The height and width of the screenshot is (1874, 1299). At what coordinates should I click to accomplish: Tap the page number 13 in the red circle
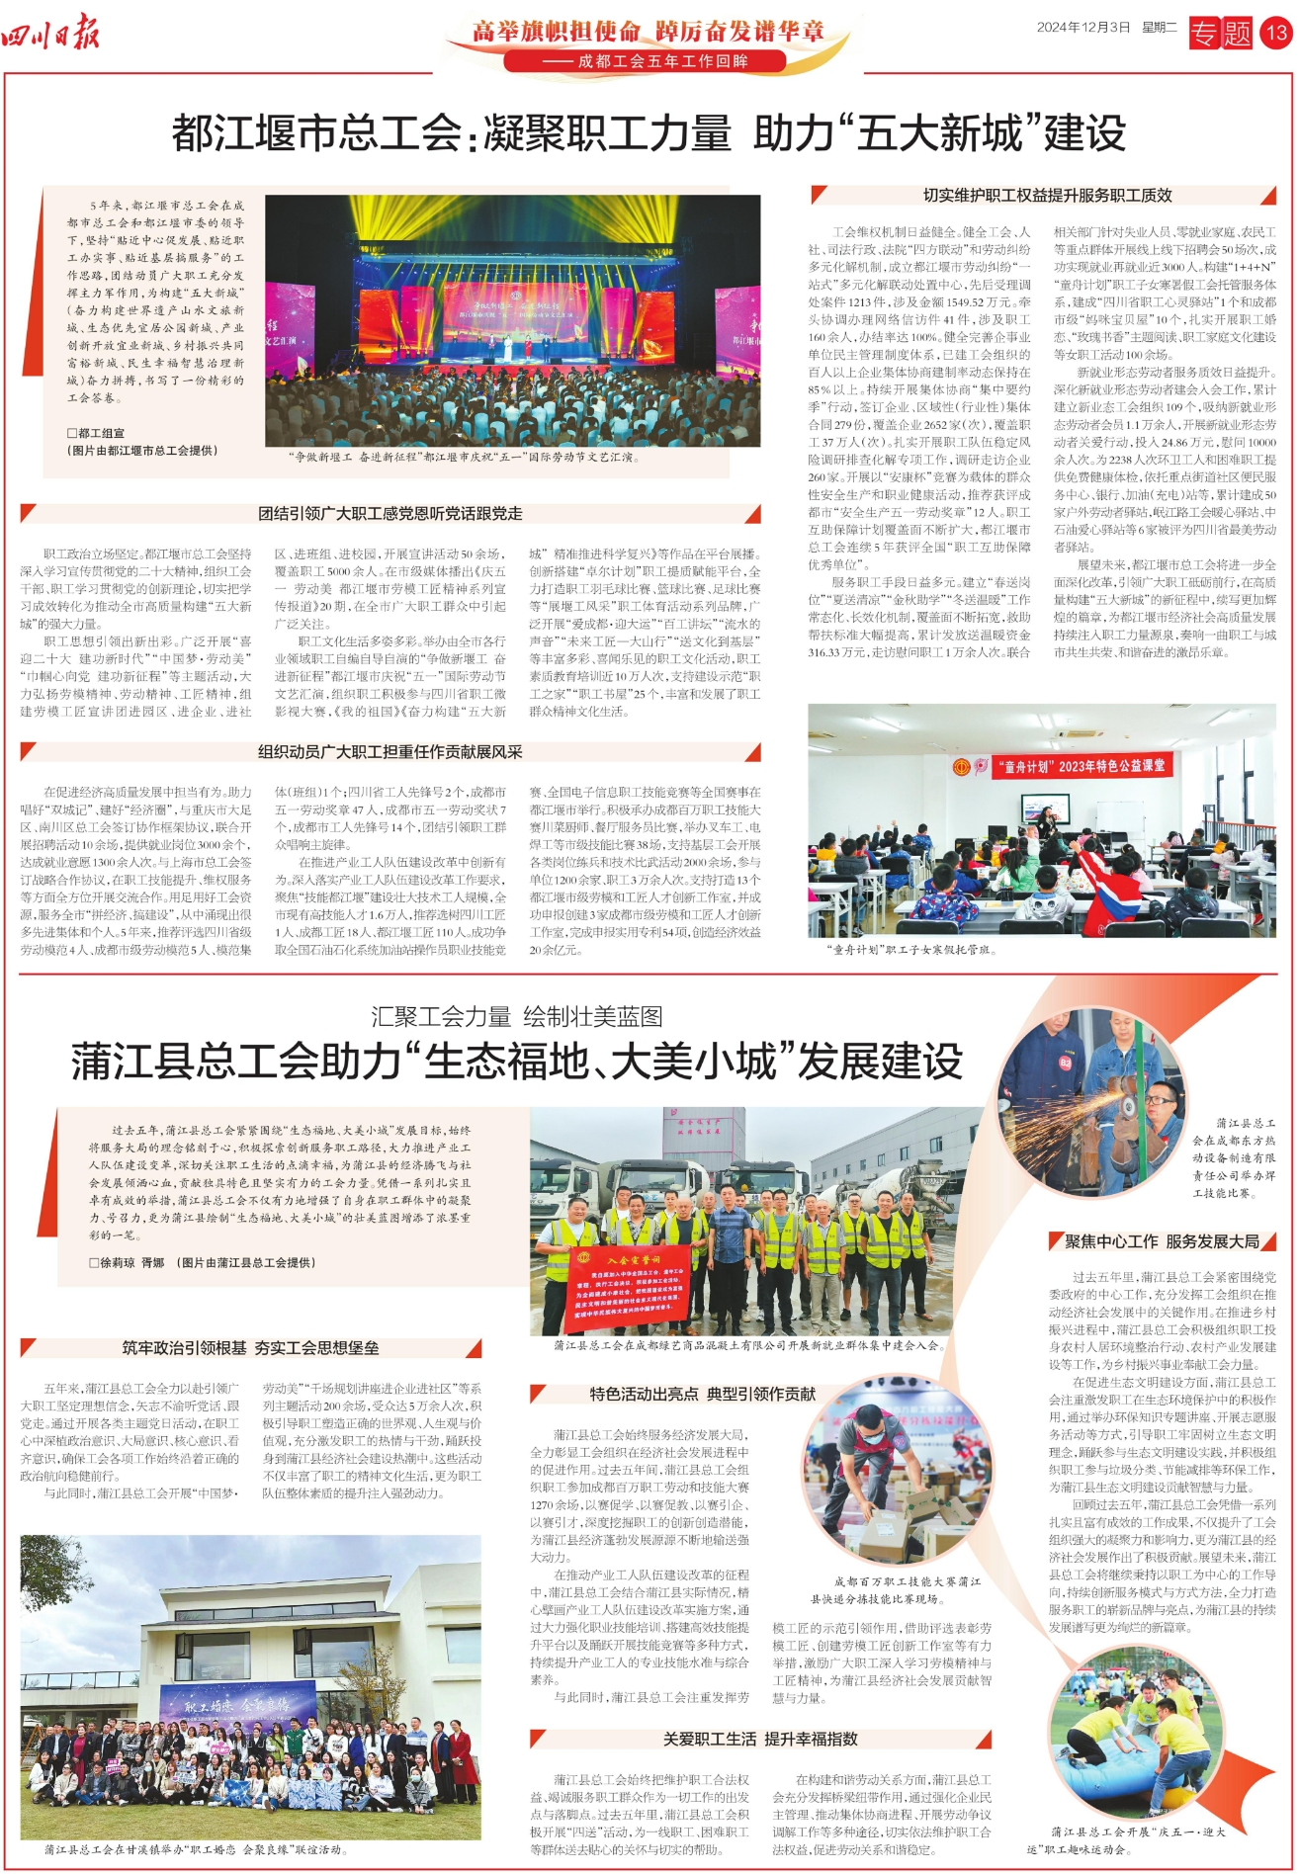coord(1275,33)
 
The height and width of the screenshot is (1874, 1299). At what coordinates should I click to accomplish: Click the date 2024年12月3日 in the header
coord(1082,28)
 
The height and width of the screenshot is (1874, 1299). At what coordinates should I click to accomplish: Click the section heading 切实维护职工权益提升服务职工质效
coord(1047,195)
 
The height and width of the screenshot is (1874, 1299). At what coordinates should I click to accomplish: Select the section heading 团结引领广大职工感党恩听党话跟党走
coord(390,513)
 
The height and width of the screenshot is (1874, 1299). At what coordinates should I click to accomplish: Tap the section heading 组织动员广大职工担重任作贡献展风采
coord(390,751)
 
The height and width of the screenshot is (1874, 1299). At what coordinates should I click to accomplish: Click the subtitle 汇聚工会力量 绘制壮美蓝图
coord(517,1016)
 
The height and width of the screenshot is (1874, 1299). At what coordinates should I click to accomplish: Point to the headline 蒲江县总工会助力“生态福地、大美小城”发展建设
coord(517,1062)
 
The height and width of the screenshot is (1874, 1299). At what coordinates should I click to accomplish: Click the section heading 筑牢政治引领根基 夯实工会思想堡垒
coord(250,1347)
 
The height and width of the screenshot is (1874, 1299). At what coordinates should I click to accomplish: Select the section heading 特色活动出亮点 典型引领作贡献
coord(702,1394)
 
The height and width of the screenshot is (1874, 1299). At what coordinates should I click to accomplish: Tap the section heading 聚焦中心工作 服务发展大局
coord(1162,1241)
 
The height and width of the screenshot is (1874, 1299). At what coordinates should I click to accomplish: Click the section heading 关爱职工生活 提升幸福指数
coord(760,1739)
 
